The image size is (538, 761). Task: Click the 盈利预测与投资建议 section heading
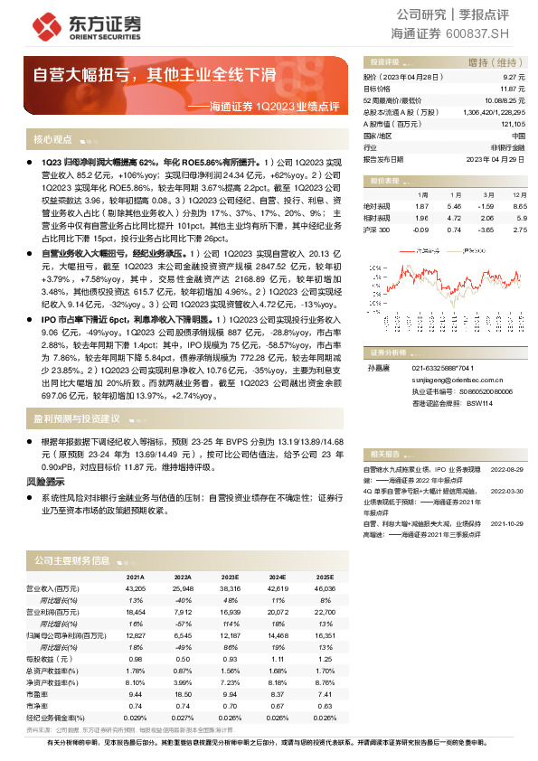pos(77,419)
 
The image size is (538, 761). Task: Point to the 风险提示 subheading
pos(47,484)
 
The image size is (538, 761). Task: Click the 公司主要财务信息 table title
pos(71,561)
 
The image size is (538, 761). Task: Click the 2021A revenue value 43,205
pos(134,587)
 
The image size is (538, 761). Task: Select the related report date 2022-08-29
pos(506,471)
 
